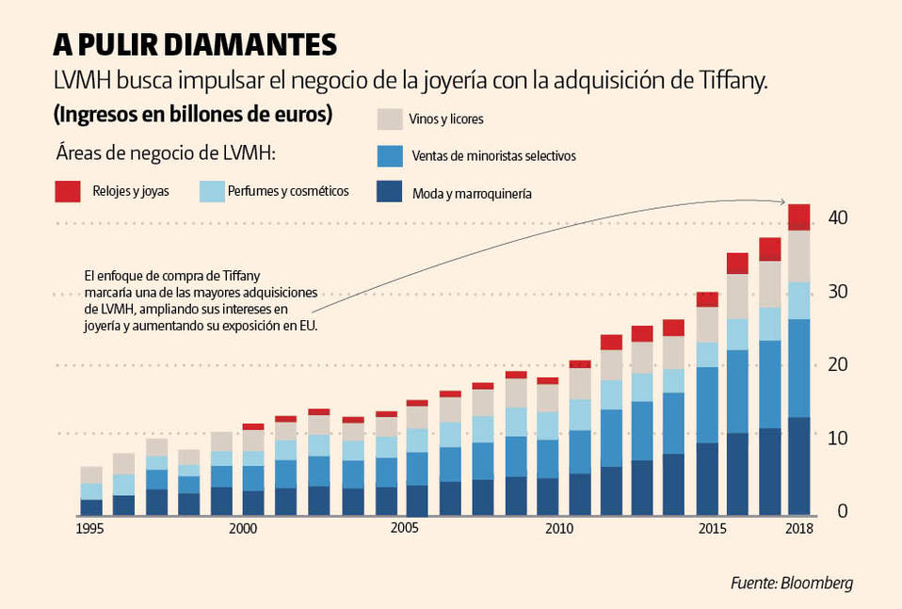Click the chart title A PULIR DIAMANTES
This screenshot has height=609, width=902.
pos(194,44)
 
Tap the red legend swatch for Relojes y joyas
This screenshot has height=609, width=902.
pos(69,191)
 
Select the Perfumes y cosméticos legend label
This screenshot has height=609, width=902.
pos(288,191)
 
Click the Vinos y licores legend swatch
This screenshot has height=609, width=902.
pos(390,120)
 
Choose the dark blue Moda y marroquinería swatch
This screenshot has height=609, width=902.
pos(390,192)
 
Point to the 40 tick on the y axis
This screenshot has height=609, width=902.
pos(837,218)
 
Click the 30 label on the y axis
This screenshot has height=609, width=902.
pos(837,292)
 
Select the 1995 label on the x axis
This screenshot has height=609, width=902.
pos(89,529)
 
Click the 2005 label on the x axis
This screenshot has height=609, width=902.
pos(405,529)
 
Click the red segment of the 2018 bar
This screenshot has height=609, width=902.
pos(799,217)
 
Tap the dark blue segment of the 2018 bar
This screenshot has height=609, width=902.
pos(799,466)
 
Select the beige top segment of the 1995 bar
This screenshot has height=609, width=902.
pos(91,474)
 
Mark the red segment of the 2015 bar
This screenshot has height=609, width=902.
pos(708,299)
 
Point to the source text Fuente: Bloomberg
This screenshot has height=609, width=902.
pos(791,583)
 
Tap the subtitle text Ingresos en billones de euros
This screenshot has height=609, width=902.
pos(193,115)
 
